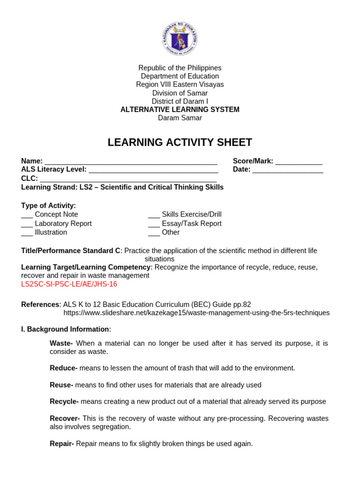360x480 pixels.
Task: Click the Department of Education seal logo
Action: click(x=180, y=38)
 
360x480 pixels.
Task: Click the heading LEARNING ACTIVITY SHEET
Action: click(x=180, y=142)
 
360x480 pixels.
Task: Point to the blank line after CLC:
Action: click(x=128, y=180)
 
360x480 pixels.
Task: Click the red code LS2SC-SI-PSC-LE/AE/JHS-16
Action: click(x=69, y=284)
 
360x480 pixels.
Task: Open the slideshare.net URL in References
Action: click(x=196, y=313)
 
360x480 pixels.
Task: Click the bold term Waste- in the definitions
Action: click(x=61, y=343)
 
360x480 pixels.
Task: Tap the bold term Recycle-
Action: click(x=64, y=401)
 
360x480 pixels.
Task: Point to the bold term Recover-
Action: click(x=65, y=418)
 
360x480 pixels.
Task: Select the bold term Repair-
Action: click(x=62, y=443)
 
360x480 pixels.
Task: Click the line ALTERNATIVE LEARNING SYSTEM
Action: click(x=180, y=110)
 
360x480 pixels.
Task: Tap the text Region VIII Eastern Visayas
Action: click(x=180, y=84)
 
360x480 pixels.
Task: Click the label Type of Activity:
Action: click(x=49, y=205)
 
